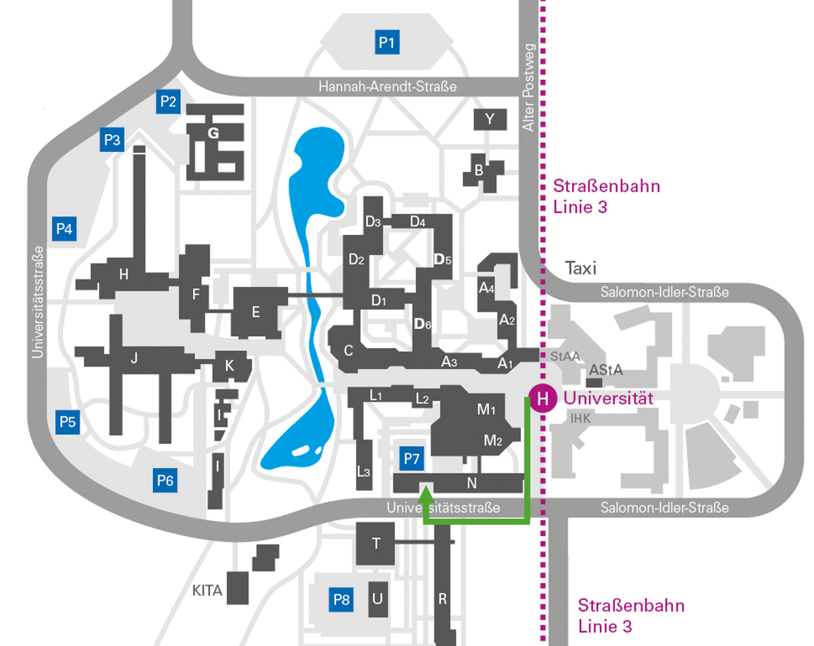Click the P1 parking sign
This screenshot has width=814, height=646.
click(x=387, y=42)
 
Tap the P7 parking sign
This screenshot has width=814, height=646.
click(x=412, y=459)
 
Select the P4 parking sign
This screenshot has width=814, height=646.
click(x=64, y=229)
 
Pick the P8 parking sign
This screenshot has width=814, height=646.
click(x=341, y=599)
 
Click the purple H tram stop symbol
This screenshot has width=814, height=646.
click(x=543, y=398)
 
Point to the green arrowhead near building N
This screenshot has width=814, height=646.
click(x=426, y=494)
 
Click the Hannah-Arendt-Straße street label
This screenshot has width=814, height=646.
click(x=387, y=86)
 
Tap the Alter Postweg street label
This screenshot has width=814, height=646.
click(x=528, y=87)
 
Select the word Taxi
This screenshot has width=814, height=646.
click(x=580, y=268)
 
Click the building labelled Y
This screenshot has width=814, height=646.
click(x=490, y=120)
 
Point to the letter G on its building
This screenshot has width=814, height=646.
click(x=213, y=133)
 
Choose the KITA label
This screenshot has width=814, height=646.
click(x=207, y=590)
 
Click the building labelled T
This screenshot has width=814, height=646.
click(x=376, y=544)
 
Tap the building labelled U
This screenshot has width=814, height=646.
click(x=378, y=599)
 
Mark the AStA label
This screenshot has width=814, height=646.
click(x=606, y=370)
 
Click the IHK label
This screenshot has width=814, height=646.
click(x=580, y=418)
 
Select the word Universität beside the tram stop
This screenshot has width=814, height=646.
click(x=608, y=398)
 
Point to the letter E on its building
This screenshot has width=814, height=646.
click(x=256, y=312)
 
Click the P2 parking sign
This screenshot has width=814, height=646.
click(x=168, y=101)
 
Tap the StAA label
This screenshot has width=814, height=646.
click(x=565, y=356)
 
